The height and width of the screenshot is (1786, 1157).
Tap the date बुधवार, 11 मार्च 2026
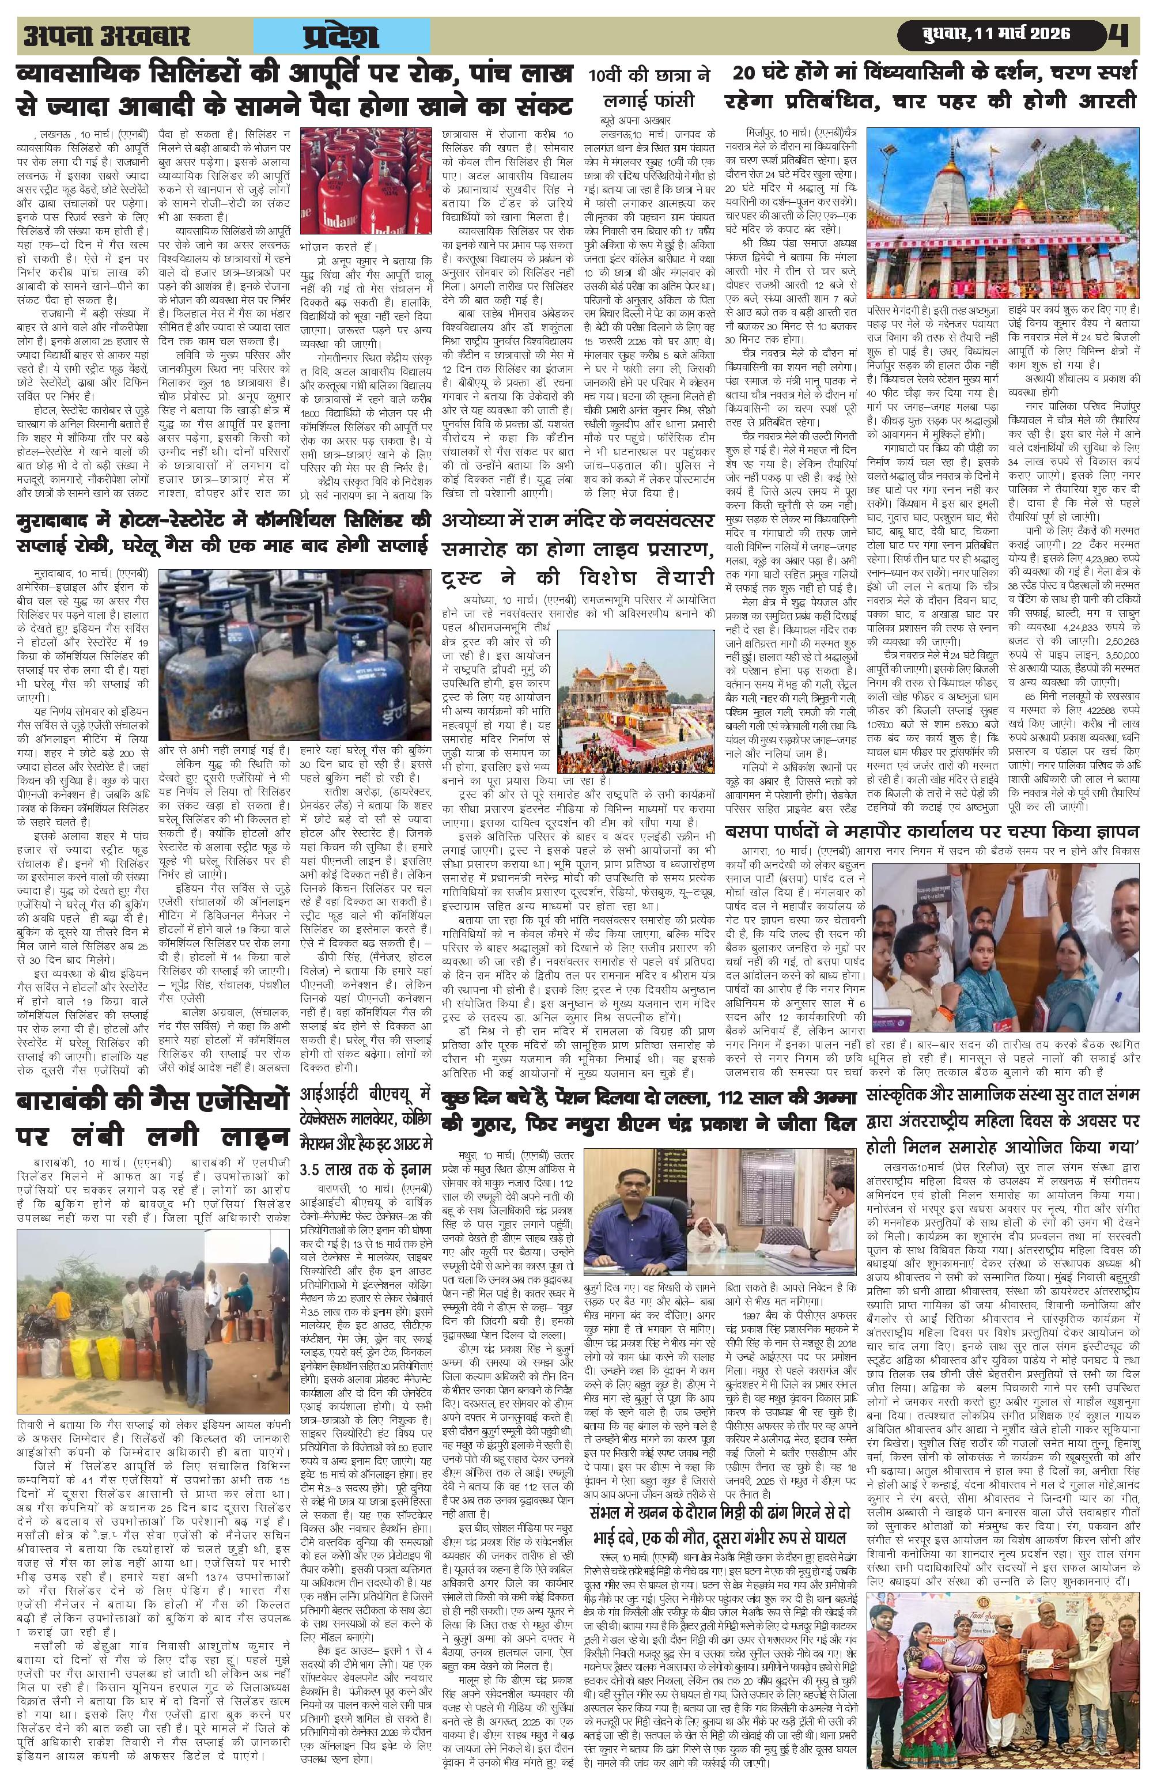point(996,35)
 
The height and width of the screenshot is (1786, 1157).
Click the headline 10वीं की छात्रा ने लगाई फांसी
point(650,89)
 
